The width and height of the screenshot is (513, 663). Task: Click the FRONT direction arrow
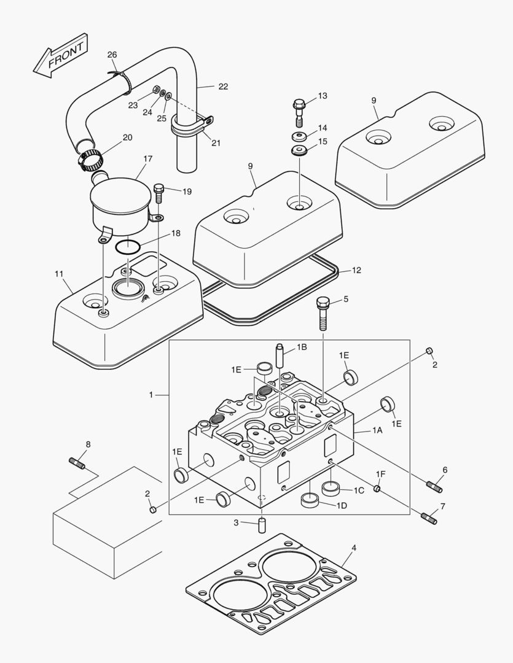60,56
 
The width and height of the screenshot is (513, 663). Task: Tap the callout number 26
112,55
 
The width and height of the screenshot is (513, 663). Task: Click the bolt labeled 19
159,193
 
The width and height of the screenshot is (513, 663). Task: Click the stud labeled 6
434,487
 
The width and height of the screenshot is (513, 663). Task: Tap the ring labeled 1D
310,500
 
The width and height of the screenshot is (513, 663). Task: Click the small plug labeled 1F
377,489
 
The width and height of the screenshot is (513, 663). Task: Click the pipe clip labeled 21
192,128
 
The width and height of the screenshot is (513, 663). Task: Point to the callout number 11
59,274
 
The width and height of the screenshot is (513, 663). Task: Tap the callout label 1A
377,431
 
